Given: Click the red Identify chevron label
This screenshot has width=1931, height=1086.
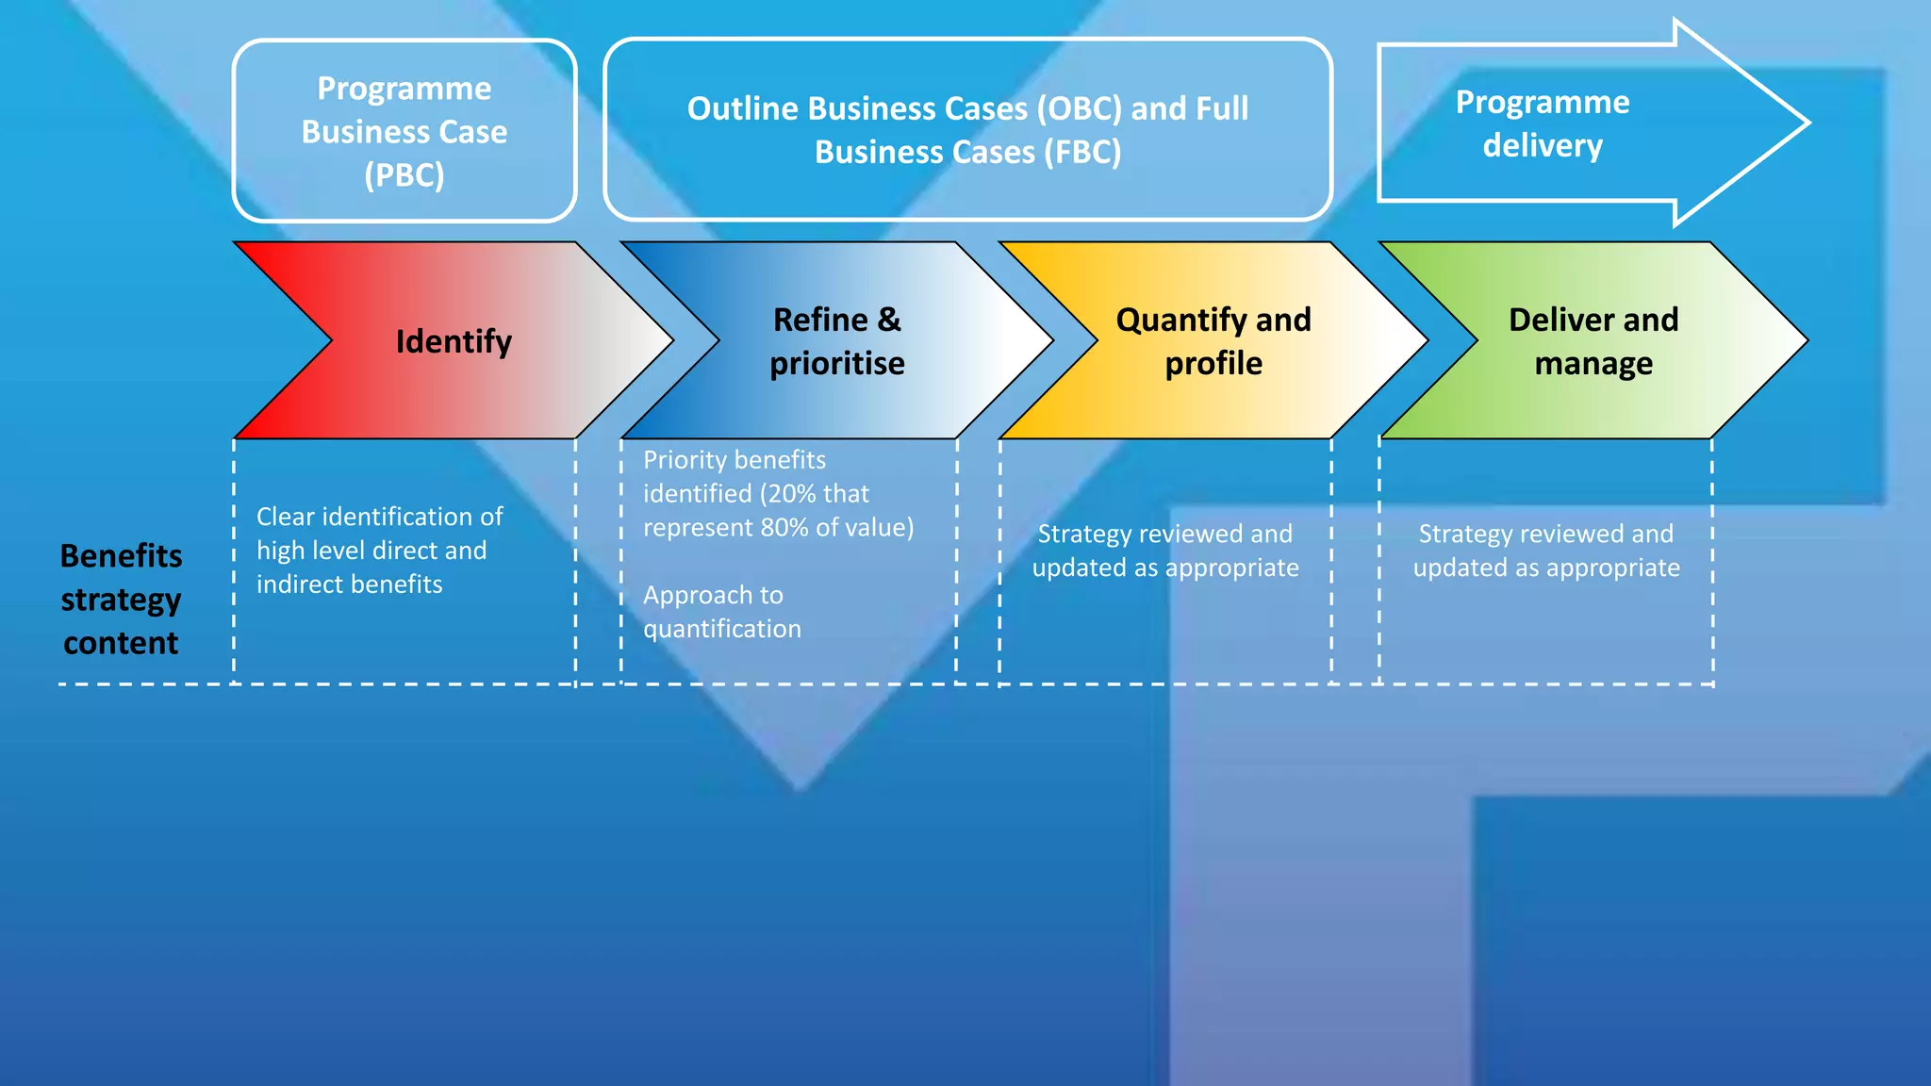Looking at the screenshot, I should [x=454, y=341].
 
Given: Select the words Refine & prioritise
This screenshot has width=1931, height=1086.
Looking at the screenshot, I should [x=836, y=341].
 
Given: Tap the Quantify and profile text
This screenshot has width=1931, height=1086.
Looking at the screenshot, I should [x=1213, y=341].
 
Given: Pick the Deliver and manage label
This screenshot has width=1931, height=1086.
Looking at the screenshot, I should [x=1593, y=341].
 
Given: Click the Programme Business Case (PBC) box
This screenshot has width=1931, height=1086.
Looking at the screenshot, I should [x=404, y=131].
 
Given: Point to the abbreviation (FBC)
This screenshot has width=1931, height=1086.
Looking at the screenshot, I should [x=1082, y=153].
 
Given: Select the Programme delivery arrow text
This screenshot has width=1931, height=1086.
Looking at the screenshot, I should [x=1542, y=123].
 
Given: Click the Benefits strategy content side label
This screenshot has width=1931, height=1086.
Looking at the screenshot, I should [x=121, y=599].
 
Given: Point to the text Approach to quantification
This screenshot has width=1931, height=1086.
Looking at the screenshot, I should [x=721, y=612].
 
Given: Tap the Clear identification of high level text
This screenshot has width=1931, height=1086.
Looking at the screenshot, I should [x=379, y=534].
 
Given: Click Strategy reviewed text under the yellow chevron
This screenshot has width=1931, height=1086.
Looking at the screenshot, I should [x=1164, y=551].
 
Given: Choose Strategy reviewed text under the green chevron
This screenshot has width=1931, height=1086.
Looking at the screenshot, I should [x=1545, y=551].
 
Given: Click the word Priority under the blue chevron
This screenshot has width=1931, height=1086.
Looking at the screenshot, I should [x=685, y=460].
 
